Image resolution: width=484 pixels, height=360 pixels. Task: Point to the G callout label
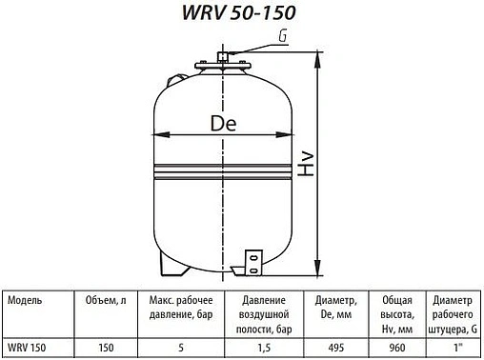coord(283,37)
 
